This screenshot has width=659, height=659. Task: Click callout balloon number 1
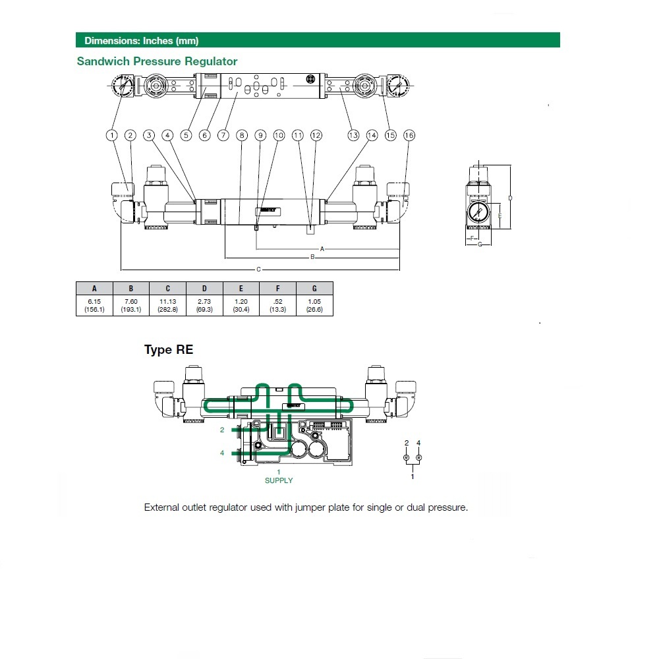point(112,135)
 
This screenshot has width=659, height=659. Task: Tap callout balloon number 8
point(242,135)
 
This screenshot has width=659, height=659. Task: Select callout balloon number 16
point(409,135)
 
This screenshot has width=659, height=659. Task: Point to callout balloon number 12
point(316,135)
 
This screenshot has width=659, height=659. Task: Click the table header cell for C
point(167,288)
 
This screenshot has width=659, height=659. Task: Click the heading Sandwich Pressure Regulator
point(157,61)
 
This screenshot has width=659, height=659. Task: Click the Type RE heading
point(169,350)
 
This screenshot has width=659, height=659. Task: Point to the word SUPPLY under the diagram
point(279,480)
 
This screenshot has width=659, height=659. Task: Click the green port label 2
point(222,429)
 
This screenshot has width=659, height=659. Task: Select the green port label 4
point(222,453)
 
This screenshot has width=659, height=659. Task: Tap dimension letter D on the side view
point(510,198)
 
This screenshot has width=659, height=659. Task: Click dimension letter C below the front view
point(258,269)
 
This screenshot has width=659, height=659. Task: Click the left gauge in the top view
point(121,86)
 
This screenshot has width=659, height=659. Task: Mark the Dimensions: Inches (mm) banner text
point(141,41)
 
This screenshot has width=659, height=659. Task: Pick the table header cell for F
point(277,288)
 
